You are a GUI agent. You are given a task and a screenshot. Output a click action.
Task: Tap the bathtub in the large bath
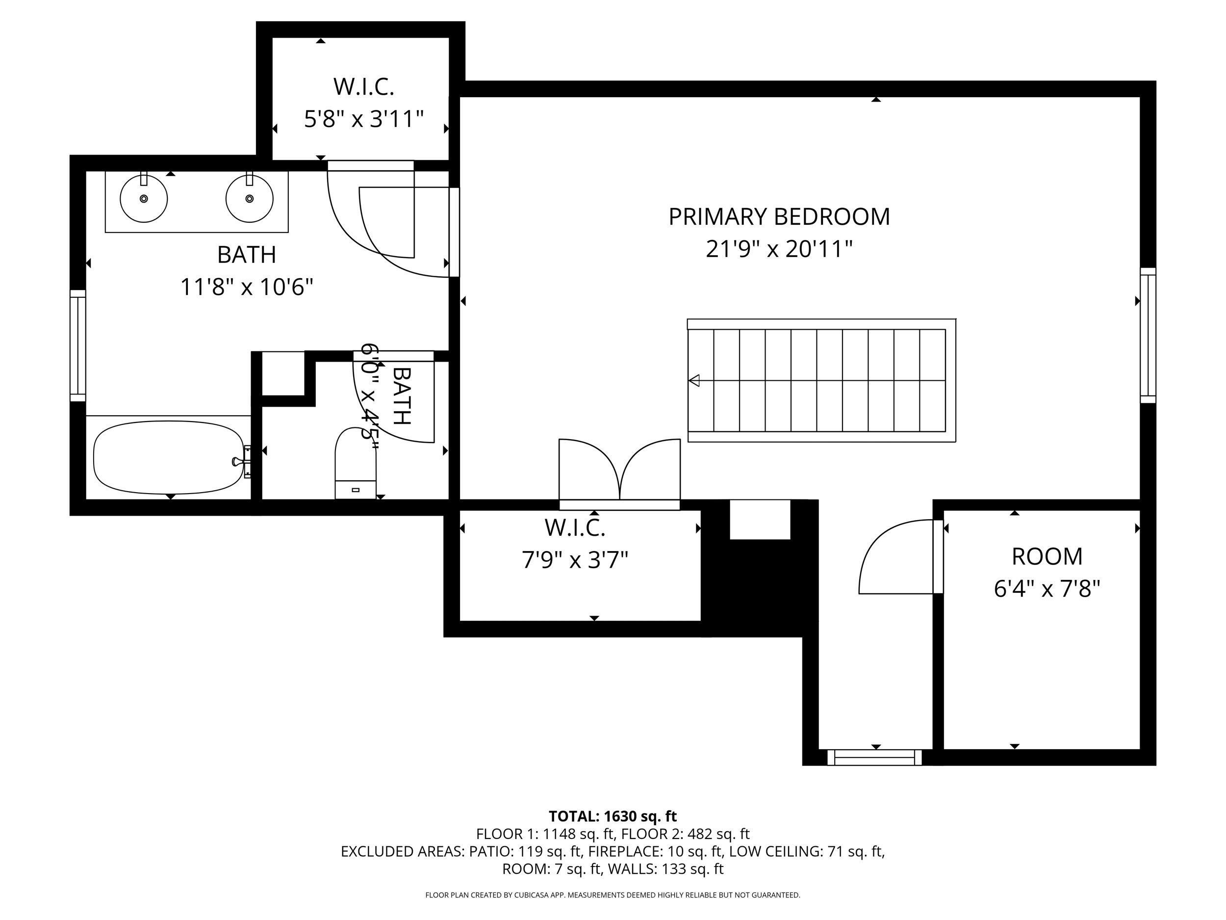(x=168, y=457)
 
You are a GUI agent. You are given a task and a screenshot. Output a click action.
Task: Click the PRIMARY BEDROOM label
(x=779, y=217)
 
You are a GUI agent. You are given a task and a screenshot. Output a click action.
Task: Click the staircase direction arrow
(x=694, y=380)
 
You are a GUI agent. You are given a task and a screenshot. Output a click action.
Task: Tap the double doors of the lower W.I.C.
(x=619, y=472)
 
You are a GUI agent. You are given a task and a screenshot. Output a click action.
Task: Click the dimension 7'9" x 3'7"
(x=575, y=561)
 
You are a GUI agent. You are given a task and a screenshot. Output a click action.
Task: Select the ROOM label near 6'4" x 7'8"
(x=1047, y=557)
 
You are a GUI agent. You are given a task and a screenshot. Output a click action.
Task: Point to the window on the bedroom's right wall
(x=1148, y=336)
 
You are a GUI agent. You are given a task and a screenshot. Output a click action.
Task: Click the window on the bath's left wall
(x=78, y=345)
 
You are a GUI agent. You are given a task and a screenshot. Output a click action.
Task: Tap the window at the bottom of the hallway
(x=874, y=758)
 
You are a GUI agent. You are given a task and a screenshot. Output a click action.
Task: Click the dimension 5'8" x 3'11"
(x=363, y=119)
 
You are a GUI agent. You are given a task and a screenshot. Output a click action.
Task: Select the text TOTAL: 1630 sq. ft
(x=613, y=816)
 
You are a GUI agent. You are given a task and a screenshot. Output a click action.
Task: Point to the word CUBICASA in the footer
(x=533, y=894)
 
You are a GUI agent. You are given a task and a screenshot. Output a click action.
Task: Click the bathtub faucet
(x=239, y=461)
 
